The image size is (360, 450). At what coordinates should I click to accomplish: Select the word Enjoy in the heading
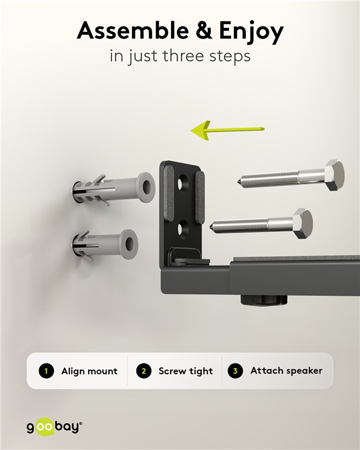coord(252,33)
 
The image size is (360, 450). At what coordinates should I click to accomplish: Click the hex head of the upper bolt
coord(335,175)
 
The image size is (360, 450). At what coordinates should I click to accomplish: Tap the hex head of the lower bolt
coord(303,223)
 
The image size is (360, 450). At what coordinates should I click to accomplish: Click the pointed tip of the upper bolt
coord(239,182)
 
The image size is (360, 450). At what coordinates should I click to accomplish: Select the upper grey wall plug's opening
coord(147,188)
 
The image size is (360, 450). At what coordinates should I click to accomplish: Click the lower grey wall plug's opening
coord(130,244)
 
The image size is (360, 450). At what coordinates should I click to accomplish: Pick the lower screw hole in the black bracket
coord(183,229)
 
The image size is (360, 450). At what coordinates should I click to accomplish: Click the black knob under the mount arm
coord(263,301)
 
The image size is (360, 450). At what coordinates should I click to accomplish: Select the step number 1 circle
coord(46,371)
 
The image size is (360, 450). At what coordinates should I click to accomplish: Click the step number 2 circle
coord(143,371)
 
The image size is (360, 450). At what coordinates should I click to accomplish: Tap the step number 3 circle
coord(236,371)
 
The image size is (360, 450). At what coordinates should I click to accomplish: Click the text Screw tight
coord(186,371)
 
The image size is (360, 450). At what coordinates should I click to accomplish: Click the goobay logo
coord(54,427)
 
